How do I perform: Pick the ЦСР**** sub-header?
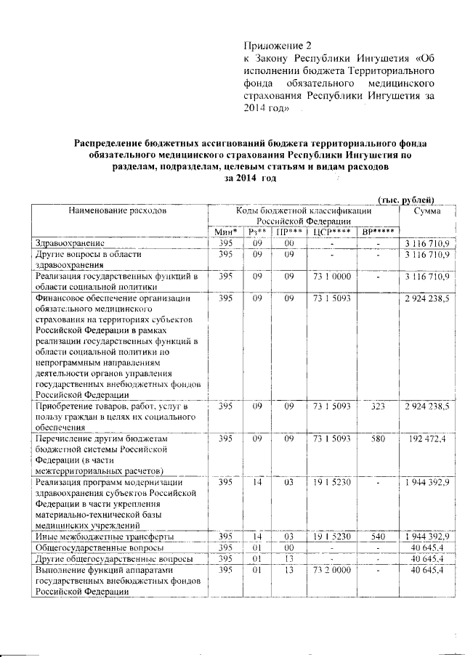(331, 232)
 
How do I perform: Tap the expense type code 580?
(377, 440)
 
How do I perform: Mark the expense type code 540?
(377, 536)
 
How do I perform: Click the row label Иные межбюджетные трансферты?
(104, 536)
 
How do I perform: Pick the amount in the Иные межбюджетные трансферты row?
(427, 536)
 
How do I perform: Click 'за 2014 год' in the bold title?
(251, 179)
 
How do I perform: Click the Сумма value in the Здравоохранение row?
(427, 242)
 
